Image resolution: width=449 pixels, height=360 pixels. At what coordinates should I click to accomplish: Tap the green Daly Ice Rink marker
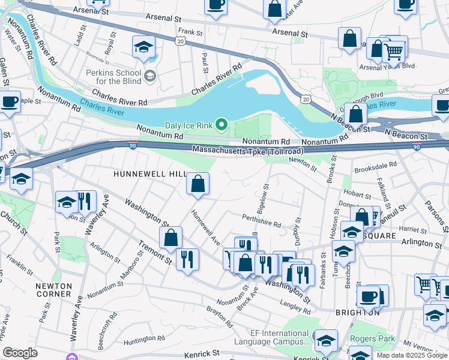point(221,125)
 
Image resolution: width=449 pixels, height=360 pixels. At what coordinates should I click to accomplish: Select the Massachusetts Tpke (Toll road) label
point(248,150)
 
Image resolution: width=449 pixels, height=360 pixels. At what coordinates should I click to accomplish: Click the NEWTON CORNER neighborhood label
point(53,290)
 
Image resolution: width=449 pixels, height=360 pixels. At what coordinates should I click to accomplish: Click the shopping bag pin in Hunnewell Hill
point(197,183)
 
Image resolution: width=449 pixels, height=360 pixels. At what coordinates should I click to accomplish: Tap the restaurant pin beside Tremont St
point(187,259)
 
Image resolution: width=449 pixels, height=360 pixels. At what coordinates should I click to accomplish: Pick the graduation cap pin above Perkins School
point(144,47)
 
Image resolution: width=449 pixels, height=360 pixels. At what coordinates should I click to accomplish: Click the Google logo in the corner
point(20,353)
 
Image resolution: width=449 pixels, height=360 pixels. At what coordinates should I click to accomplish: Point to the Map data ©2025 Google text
point(411,355)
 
